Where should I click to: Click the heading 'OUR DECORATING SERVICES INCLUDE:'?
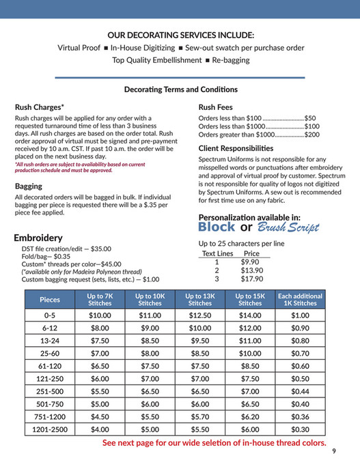coord(180,35)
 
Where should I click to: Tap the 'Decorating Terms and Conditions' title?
coord(180,89)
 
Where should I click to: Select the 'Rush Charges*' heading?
coord(40,107)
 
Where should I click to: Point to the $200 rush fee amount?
coord(312,135)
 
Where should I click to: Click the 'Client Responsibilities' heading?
coord(236,148)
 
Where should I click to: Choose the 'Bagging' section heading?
coord(29,186)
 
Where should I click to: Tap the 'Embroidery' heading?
coord(38,238)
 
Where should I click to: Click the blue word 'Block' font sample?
coord(217,227)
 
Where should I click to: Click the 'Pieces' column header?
coord(50,299)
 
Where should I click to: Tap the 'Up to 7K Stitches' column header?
coord(100,299)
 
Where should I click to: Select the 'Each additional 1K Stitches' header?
coord(300,299)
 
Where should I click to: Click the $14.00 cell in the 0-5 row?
coord(250,315)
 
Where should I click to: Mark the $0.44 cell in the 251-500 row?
coord(300,392)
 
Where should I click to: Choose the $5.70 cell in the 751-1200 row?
coord(200,417)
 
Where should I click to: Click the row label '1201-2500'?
coord(50,429)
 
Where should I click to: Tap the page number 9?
coord(334,451)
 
